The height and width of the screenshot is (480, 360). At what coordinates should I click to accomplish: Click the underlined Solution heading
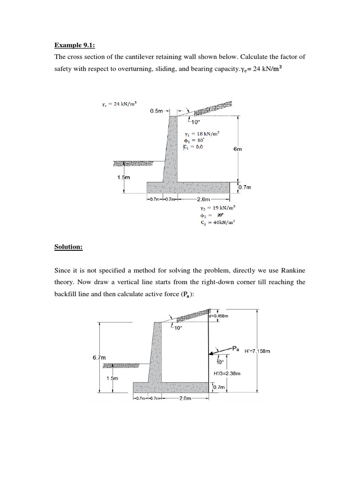click(68, 247)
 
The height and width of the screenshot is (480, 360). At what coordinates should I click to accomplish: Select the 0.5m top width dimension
click(157, 111)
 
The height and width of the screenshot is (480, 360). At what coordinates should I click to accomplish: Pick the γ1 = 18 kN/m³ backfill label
click(202, 134)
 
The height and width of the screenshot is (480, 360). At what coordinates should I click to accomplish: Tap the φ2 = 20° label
click(213, 215)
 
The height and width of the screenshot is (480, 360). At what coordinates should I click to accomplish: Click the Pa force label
click(237, 349)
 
